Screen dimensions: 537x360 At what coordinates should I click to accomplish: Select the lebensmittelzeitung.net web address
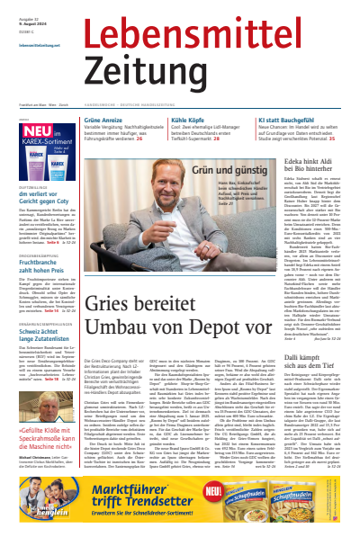(31, 43)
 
